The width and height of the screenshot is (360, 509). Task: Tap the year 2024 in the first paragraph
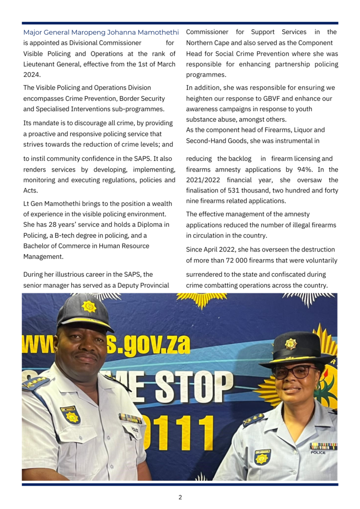point(32,75)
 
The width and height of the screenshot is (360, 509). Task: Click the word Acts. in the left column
point(31,191)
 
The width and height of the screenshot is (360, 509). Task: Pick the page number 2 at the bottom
point(180,497)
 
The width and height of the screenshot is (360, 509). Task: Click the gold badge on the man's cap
point(89,306)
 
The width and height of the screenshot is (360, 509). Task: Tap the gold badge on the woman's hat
point(291,344)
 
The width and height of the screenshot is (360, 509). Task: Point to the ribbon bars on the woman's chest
point(323,446)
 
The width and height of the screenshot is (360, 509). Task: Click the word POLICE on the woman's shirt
point(318,453)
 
